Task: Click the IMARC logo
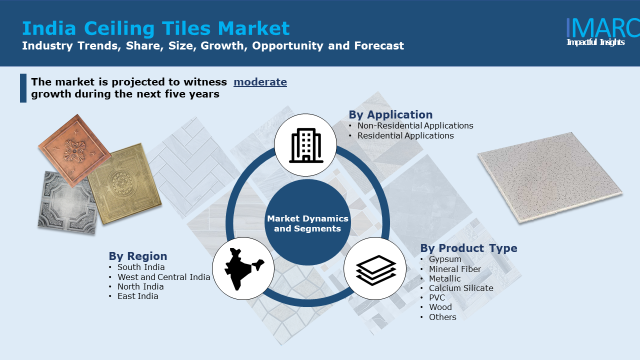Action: click(x=603, y=32)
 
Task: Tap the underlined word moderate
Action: click(x=260, y=82)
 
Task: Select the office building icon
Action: click(x=306, y=145)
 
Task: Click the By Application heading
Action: click(x=390, y=114)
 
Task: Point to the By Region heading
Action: click(x=137, y=256)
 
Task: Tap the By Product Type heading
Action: click(x=468, y=248)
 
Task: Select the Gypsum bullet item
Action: click(x=445, y=259)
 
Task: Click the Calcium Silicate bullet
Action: click(x=461, y=288)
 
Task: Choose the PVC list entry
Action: click(x=437, y=297)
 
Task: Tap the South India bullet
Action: click(x=141, y=267)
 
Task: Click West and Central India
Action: click(x=163, y=277)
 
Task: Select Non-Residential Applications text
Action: click(x=415, y=125)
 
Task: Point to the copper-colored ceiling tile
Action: click(x=74, y=151)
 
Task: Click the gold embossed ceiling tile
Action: click(x=124, y=183)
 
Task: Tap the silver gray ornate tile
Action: click(x=67, y=203)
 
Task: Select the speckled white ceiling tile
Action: click(x=550, y=177)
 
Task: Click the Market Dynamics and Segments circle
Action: click(x=307, y=222)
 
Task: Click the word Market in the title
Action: click(x=253, y=28)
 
